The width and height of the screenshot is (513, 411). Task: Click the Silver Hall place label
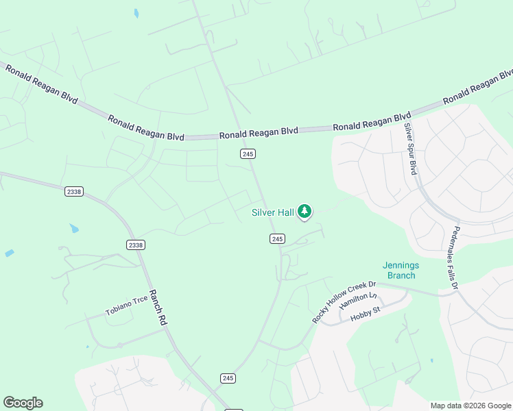coord(273,213)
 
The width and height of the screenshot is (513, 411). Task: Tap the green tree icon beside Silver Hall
coord(305,212)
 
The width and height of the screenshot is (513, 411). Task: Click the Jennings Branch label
coord(401,271)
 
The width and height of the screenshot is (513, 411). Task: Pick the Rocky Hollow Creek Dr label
coord(344,302)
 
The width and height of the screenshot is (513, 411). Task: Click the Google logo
coord(23,403)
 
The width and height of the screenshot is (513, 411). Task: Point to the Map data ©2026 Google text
coord(470,406)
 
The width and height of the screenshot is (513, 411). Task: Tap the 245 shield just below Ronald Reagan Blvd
coord(248,154)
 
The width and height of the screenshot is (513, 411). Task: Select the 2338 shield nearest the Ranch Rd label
coord(136,245)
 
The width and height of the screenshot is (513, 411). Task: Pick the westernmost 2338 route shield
coord(74,192)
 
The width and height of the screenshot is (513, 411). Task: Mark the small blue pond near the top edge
coord(136,13)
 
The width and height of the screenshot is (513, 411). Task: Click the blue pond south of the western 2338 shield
coord(74,228)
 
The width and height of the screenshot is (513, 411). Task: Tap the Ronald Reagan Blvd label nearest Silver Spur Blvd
coord(372,123)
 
